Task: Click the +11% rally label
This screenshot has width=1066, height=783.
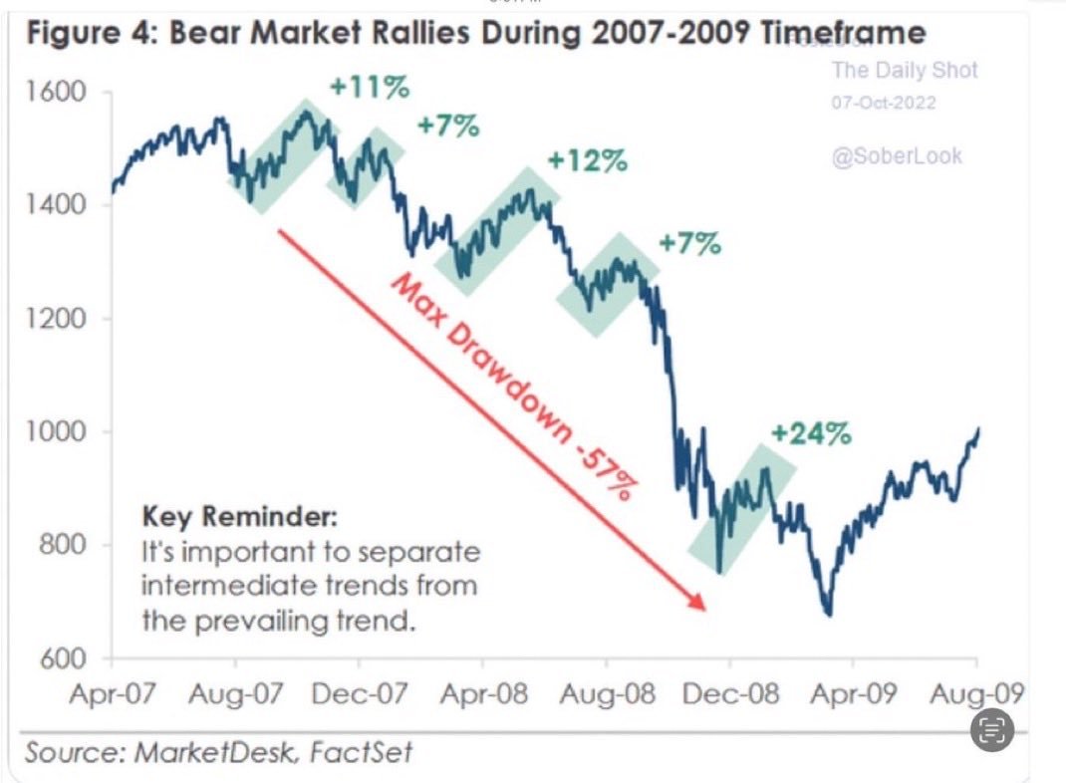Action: click(369, 88)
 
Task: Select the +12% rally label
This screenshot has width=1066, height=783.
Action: click(588, 160)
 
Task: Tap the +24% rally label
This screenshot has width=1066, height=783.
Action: click(811, 433)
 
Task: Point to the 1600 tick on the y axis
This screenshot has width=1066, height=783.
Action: click(58, 93)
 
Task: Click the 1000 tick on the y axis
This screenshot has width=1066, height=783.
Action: click(58, 432)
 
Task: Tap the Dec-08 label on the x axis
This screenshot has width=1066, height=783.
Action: click(729, 693)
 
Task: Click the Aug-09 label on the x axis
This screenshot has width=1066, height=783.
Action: click(975, 693)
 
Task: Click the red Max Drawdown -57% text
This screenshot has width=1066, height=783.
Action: click(512, 387)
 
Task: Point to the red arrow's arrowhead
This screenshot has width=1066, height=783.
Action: click(697, 605)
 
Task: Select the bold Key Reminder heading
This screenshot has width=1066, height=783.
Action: click(240, 518)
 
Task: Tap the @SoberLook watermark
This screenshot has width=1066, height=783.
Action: click(897, 156)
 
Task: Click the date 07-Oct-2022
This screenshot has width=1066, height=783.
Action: click(883, 104)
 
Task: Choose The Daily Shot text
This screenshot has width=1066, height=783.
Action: click(905, 70)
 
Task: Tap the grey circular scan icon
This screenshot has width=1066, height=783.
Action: click(991, 731)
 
